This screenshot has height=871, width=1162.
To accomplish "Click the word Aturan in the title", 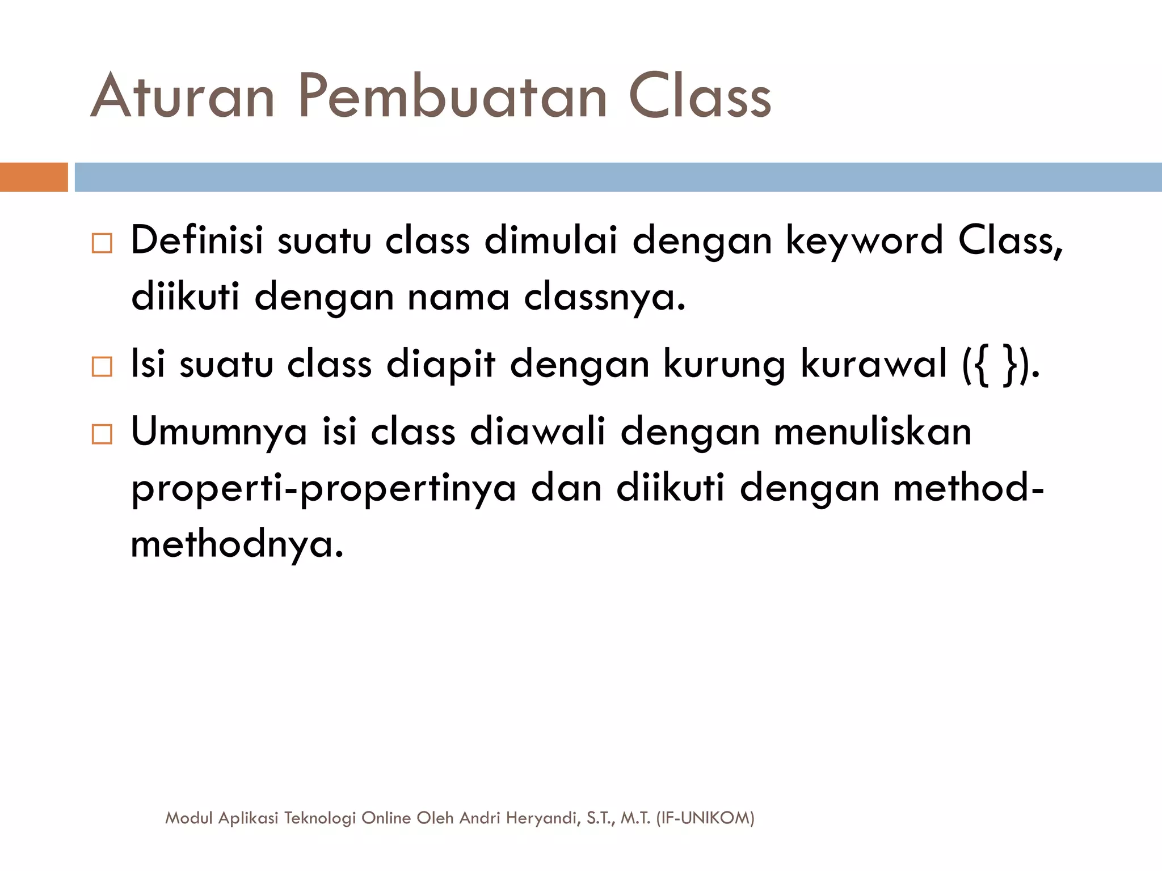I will (x=183, y=96).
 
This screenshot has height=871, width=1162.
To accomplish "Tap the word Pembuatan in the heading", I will (x=452, y=96).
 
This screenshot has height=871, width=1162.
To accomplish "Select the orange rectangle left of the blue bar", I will (x=33, y=177).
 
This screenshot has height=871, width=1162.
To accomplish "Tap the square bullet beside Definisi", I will (x=102, y=243).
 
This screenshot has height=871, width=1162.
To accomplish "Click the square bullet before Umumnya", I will (x=102, y=435).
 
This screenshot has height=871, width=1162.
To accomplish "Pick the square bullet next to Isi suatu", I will (x=102, y=367).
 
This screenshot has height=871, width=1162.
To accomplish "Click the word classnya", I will (x=604, y=297).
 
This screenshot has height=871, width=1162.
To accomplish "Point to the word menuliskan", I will (x=873, y=432).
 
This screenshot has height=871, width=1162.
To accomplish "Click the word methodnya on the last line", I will (x=237, y=545).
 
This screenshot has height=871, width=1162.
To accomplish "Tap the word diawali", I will (x=537, y=432).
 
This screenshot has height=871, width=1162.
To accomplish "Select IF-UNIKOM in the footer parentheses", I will (x=705, y=818).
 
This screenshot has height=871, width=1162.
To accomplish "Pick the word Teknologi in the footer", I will (x=320, y=818).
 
